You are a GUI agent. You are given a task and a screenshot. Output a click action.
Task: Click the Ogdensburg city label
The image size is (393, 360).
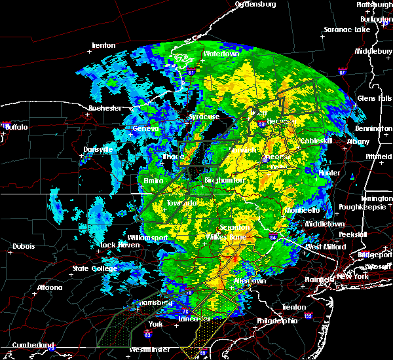(x=255, y=4)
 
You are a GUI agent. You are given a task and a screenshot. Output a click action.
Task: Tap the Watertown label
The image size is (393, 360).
(x=221, y=54)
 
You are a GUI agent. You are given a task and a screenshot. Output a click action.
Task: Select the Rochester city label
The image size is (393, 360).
(x=105, y=108)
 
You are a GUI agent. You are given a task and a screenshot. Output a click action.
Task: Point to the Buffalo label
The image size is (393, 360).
(x=16, y=127)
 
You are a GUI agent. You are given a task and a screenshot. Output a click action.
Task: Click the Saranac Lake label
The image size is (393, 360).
(x=346, y=30)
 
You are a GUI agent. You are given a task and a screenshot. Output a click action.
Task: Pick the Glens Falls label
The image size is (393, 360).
(x=375, y=98)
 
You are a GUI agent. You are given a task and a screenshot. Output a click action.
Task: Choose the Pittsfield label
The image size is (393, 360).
(x=378, y=158)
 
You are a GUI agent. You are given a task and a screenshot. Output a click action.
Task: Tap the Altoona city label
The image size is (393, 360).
(x=49, y=287)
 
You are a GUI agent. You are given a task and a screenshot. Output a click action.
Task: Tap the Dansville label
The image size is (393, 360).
(x=98, y=150)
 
